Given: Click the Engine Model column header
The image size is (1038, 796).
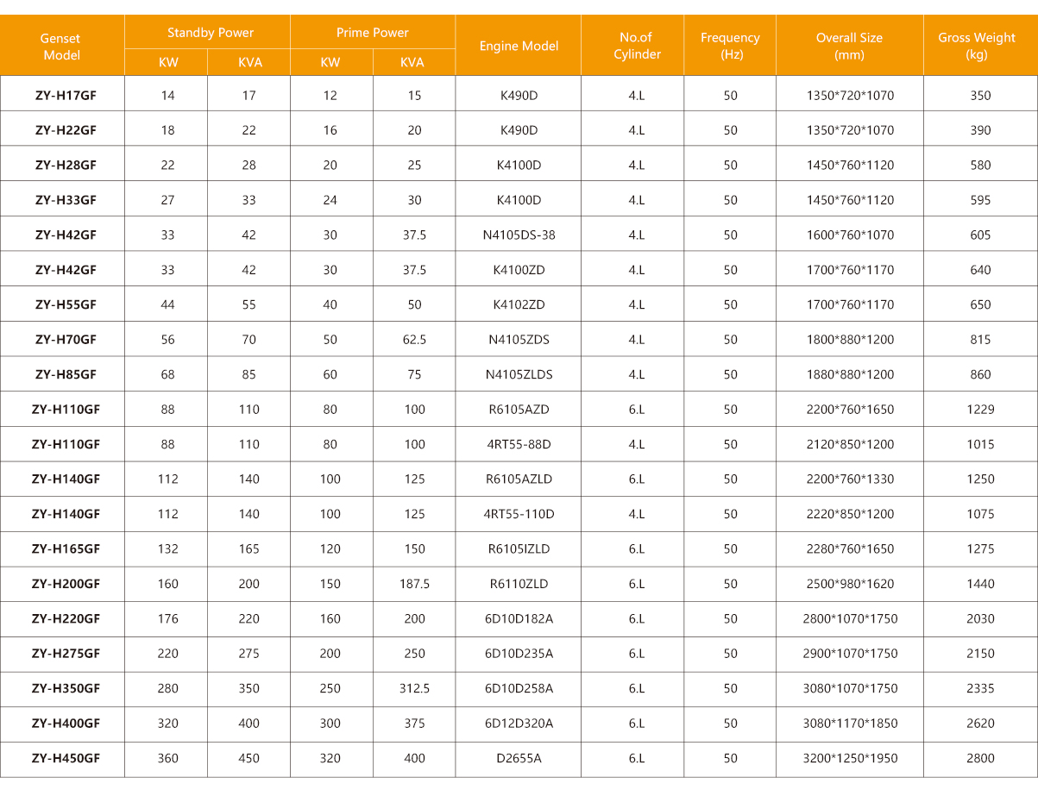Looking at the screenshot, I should pyautogui.click(x=519, y=46).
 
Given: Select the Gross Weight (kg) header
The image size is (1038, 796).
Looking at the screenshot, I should pyautogui.click(x=980, y=46).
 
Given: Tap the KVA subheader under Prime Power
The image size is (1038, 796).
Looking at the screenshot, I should pyautogui.click(x=413, y=62).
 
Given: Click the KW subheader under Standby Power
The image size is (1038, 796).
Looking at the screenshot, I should pyautogui.click(x=167, y=62).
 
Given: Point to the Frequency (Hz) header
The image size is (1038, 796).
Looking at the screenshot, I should pyautogui.click(x=730, y=46).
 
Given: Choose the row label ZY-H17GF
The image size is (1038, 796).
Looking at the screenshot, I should pyautogui.click(x=66, y=96).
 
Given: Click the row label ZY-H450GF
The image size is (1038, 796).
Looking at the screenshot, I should pyautogui.click(x=66, y=759).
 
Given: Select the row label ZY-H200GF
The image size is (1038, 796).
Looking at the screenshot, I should pyautogui.click(x=66, y=584).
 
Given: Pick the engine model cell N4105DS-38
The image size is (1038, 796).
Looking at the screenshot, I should pyautogui.click(x=519, y=235).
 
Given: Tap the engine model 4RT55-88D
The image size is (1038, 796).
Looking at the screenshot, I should pyautogui.click(x=519, y=445).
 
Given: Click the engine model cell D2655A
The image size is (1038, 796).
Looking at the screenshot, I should pyautogui.click(x=519, y=759).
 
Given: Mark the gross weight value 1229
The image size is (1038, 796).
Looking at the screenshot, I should pyautogui.click(x=980, y=410).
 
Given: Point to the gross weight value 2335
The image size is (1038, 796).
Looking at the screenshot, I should pyautogui.click(x=980, y=689).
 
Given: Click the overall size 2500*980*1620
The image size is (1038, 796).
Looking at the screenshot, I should pyautogui.click(x=850, y=584).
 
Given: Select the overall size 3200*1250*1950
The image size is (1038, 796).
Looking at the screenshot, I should pyautogui.click(x=850, y=759).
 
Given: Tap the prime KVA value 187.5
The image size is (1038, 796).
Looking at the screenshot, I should pyautogui.click(x=414, y=584).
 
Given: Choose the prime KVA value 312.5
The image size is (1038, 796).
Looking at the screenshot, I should pyautogui.click(x=414, y=689).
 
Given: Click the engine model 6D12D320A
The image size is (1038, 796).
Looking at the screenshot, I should pyautogui.click(x=519, y=724).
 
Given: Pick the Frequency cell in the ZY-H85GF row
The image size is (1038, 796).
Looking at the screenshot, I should pyautogui.click(x=731, y=375).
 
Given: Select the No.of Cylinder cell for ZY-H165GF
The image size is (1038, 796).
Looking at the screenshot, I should pyautogui.click(x=637, y=549).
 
